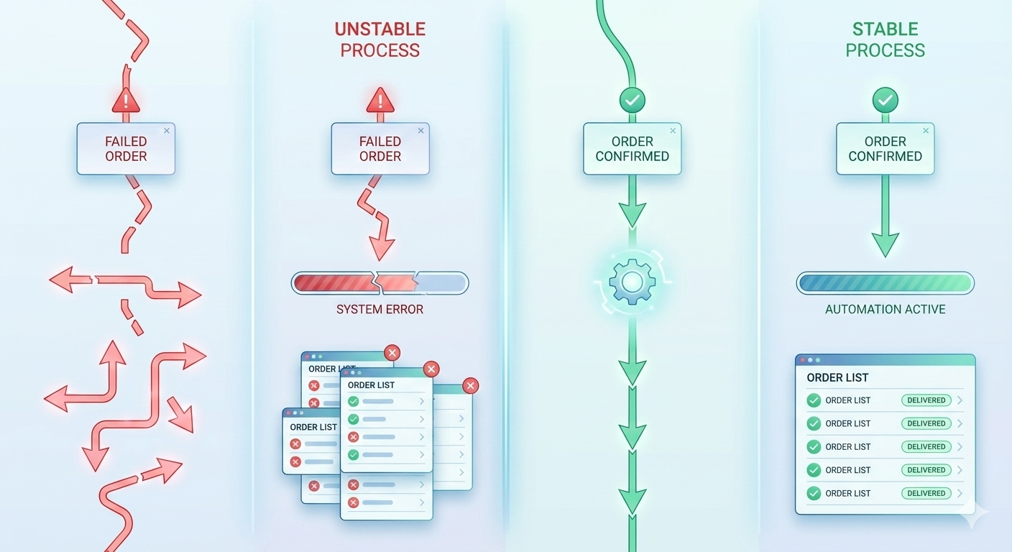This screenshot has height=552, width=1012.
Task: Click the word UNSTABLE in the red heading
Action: tap(379, 29)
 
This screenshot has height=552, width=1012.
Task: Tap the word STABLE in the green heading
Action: tap(885, 29)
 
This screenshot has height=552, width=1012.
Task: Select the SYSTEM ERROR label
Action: tap(379, 310)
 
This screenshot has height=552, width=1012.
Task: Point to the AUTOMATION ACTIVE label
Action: tap(885, 310)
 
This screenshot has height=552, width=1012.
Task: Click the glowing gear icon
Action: tap(632, 282)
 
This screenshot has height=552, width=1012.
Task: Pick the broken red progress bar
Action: tap(379, 283)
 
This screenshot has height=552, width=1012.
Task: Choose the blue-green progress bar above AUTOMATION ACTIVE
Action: tap(885, 283)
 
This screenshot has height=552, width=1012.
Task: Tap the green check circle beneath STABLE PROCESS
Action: tap(885, 101)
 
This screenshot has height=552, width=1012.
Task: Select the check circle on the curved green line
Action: tap(632, 101)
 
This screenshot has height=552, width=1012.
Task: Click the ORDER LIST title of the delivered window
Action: tap(837, 377)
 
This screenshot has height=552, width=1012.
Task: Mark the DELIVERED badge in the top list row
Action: tap(926, 400)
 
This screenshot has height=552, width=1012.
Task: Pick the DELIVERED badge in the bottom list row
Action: tap(926, 493)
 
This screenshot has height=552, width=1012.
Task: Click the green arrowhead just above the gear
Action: tap(632, 213)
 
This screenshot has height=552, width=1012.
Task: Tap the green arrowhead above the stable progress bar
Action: tap(885, 244)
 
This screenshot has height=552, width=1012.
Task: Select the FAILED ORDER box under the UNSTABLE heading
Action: tap(379, 149)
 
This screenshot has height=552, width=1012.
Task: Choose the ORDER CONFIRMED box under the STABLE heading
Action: tap(885, 149)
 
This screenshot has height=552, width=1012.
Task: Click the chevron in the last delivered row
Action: tap(960, 493)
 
